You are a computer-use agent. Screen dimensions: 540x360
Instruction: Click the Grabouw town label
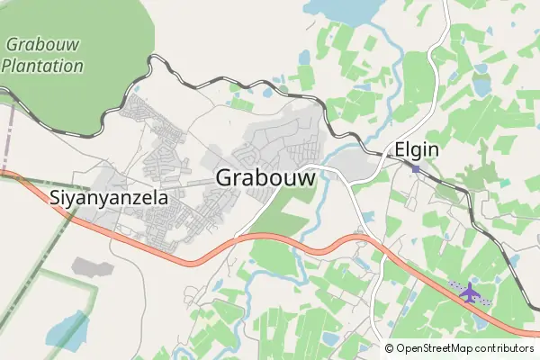[x=266, y=177]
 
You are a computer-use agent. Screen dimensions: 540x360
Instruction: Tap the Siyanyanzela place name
[x=108, y=197]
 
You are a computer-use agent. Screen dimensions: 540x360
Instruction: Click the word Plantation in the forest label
[x=42, y=65]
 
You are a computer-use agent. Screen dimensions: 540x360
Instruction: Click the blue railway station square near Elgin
[x=416, y=168]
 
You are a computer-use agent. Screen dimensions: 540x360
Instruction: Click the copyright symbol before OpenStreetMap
[x=390, y=348]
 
